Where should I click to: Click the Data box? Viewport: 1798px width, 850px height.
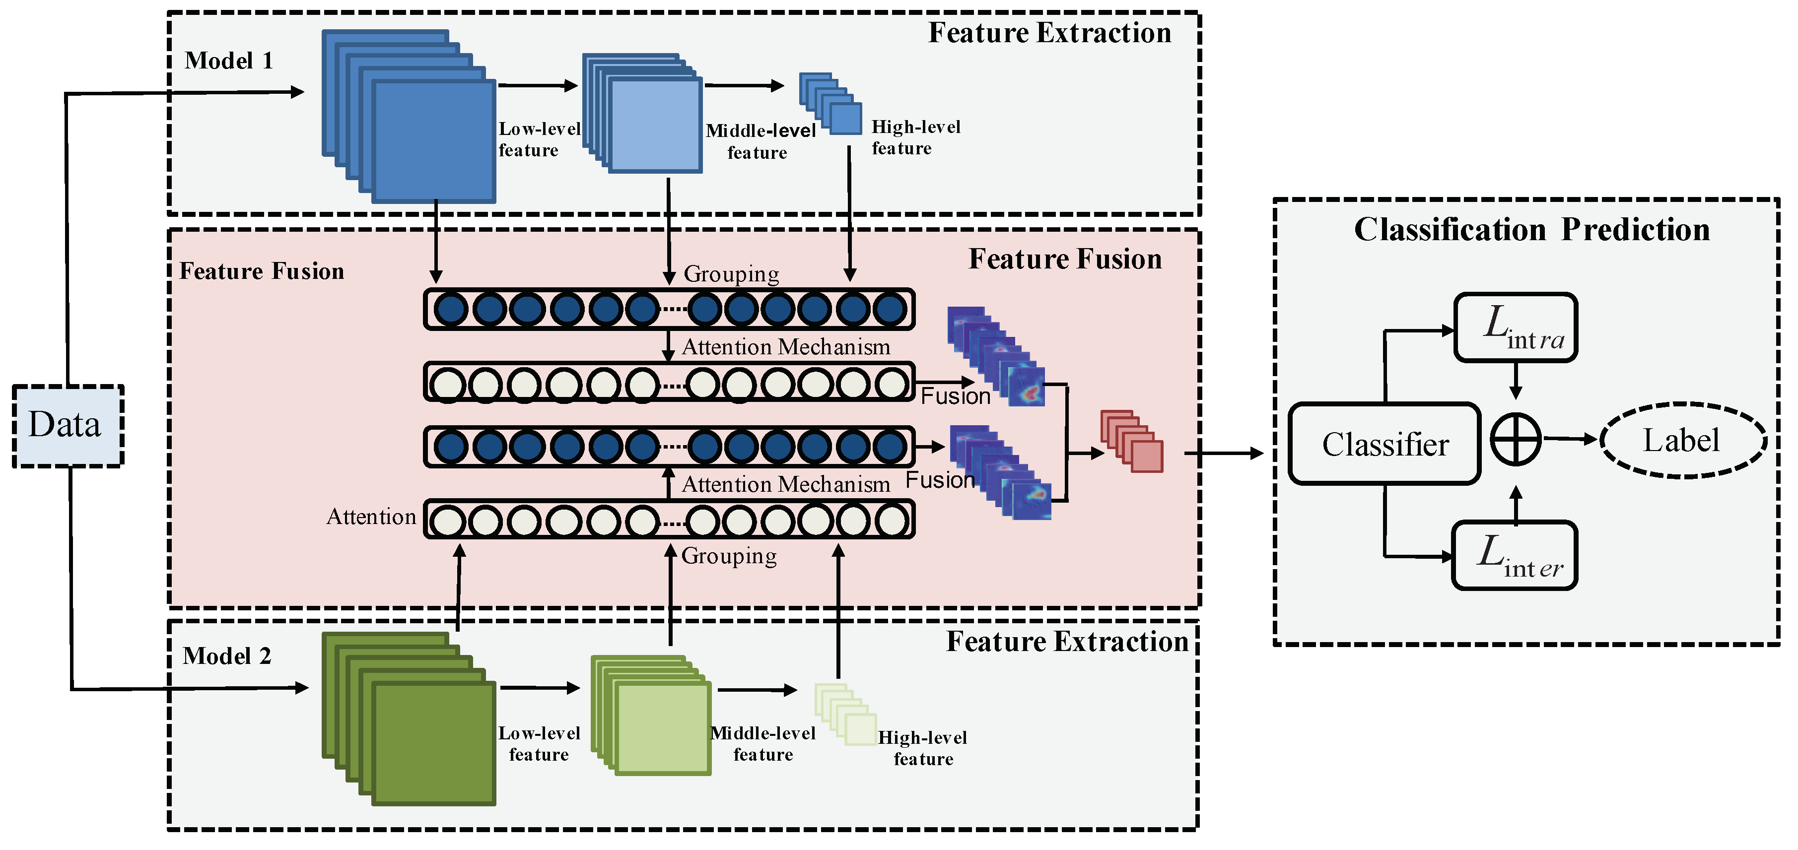pyautogui.click(x=68, y=425)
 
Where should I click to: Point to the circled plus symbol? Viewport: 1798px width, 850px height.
pyautogui.click(x=1516, y=439)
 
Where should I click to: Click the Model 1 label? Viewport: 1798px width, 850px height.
pyautogui.click(x=228, y=61)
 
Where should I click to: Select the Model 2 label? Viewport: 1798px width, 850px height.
pyautogui.click(x=227, y=656)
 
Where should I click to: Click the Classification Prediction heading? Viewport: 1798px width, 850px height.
pyautogui.click(x=1531, y=230)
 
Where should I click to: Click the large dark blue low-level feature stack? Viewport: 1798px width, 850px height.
pyautogui.click(x=409, y=117)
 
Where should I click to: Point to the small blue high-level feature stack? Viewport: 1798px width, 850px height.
pyautogui.click(x=830, y=103)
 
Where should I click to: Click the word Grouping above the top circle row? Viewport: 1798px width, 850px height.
pyautogui.click(x=731, y=273)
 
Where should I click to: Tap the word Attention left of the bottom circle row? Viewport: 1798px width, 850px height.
pyautogui.click(x=371, y=517)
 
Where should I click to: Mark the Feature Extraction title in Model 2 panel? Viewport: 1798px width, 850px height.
pyautogui.click(x=1066, y=641)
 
